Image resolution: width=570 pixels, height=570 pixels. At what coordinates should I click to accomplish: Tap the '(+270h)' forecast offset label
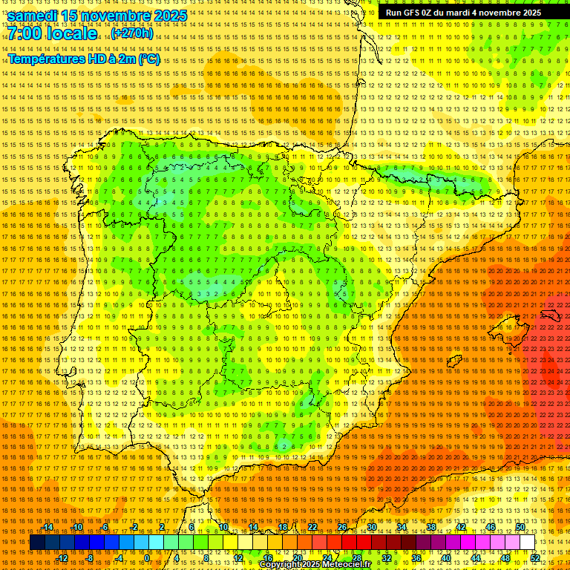point(132,33)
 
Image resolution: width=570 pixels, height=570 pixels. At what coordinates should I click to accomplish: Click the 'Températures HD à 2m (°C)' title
point(84,59)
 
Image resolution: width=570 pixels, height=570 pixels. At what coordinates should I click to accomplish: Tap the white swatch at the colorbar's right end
point(527,543)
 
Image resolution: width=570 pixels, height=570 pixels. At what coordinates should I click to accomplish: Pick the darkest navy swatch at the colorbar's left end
point(37,543)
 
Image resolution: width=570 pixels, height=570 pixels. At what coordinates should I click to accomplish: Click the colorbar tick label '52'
point(534,558)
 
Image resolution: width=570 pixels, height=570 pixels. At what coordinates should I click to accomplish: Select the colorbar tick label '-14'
point(47,527)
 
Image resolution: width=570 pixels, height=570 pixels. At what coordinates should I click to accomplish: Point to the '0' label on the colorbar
point(148,558)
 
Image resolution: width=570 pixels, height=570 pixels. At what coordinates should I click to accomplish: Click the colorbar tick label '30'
point(372,527)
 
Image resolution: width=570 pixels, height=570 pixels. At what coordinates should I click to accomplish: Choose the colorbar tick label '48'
point(505,558)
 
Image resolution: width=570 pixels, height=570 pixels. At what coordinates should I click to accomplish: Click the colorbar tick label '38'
point(431,527)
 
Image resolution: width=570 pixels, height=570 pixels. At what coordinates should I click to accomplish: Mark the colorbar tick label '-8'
point(90,558)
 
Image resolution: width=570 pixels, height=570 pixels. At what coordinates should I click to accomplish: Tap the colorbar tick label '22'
point(312,527)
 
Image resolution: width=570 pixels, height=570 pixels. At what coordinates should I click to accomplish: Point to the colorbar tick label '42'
point(461,527)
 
